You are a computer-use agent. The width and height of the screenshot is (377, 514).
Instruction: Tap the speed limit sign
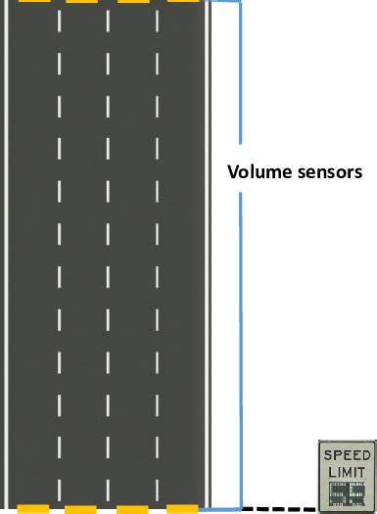coord(347,476)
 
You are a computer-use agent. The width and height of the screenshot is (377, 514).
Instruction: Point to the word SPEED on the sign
coord(347,456)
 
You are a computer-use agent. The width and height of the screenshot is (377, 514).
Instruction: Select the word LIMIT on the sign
coord(347,473)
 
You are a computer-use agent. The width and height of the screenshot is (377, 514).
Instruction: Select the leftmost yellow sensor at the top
coord(32,2)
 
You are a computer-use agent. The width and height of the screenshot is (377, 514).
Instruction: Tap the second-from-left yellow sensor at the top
coord(82,2)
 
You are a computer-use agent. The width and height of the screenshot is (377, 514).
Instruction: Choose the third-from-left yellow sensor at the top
coord(132,2)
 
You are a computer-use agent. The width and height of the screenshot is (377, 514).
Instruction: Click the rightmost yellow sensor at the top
coord(182,2)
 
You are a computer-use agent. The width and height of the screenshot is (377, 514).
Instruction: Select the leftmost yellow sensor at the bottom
coord(32,509)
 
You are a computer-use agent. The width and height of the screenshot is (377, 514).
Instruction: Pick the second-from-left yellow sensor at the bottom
coord(82,509)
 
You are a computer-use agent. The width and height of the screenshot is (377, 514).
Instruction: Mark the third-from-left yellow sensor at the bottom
coord(132,509)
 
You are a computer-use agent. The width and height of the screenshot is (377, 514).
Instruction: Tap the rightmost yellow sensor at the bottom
coord(182,509)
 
